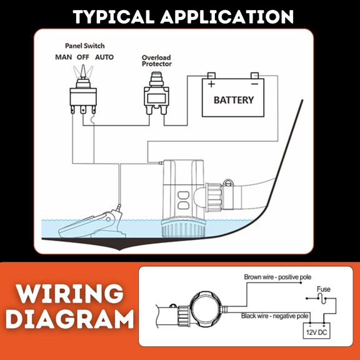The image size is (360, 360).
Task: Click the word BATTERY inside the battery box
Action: click(x=234, y=100)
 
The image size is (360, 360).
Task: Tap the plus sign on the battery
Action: click(x=211, y=84)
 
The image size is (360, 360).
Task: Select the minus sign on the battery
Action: click(x=254, y=84)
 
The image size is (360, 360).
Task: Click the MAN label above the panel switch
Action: click(x=64, y=57)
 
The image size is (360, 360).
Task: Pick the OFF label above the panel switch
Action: click(x=83, y=57)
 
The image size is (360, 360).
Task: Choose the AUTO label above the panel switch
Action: click(x=104, y=57)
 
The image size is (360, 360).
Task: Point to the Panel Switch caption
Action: click(x=85, y=46)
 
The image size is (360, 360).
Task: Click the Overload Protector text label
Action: click(x=157, y=61)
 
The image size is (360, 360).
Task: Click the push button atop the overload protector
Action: click(x=157, y=76)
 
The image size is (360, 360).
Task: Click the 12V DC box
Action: click(x=317, y=331)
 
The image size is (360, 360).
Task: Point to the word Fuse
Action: click(x=324, y=289)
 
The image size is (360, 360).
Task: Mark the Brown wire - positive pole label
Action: click(x=277, y=277)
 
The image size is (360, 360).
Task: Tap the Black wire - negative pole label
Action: click(x=274, y=316)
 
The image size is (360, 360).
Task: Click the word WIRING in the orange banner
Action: click(x=70, y=294)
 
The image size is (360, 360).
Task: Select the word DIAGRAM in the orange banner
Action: click(x=70, y=319)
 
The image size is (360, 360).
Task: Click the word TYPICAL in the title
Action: click(x=114, y=17)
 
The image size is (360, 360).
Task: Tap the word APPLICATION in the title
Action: click(x=227, y=17)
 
